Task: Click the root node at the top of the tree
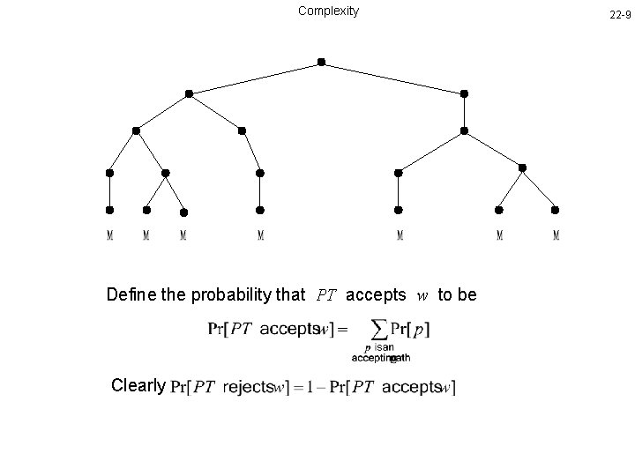click(x=321, y=62)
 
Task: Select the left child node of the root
click(x=189, y=93)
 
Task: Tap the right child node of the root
click(x=464, y=93)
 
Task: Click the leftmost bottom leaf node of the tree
click(x=109, y=210)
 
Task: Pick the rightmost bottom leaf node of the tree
click(x=555, y=210)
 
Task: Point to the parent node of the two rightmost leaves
click(x=522, y=167)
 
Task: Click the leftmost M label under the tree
click(x=109, y=235)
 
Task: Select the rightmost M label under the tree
click(x=556, y=235)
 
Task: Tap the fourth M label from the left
click(x=261, y=235)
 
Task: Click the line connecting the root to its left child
click(x=255, y=78)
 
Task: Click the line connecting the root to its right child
click(x=392, y=78)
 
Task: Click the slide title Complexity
click(x=328, y=11)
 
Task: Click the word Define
click(x=131, y=294)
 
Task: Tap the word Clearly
click(x=138, y=385)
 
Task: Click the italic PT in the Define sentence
click(x=325, y=294)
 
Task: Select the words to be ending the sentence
click(x=457, y=294)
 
